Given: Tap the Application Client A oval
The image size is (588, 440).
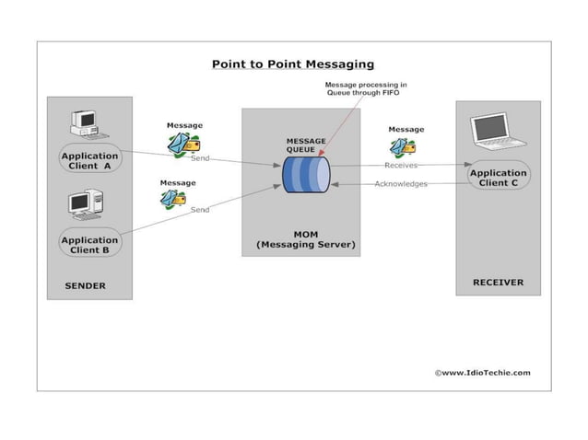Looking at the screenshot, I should (x=90, y=161).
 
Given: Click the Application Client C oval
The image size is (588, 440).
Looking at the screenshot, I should (x=499, y=179).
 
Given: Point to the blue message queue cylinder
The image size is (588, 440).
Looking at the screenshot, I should (x=306, y=174).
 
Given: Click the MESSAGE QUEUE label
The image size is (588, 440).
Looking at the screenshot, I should (x=306, y=145).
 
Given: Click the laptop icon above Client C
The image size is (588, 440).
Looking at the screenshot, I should (x=497, y=131).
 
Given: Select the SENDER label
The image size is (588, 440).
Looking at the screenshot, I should (x=85, y=286).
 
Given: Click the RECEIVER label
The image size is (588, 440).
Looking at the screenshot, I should (x=498, y=283).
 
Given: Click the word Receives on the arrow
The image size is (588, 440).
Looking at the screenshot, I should (x=401, y=166).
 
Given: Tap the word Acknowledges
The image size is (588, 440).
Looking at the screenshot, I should (x=401, y=184).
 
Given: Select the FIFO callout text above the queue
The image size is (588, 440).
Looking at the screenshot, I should (x=367, y=89).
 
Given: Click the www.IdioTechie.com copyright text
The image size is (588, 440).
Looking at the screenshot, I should (x=482, y=373).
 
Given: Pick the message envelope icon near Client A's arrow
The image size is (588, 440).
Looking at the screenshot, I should (x=184, y=144).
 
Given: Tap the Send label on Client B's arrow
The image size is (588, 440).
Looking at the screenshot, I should (x=200, y=210).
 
